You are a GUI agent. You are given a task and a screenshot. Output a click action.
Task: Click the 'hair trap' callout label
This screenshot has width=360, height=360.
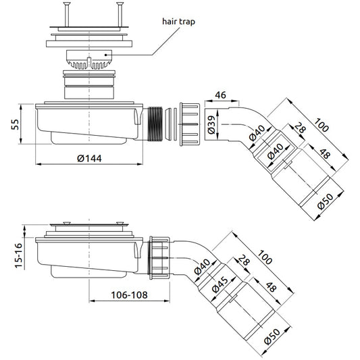(178, 22)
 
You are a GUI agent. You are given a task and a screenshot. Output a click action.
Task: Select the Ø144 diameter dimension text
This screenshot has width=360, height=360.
(89, 159)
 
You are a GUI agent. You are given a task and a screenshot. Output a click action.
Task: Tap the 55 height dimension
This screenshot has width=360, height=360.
(15, 124)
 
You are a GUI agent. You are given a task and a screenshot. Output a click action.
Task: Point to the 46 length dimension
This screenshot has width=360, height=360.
(221, 95)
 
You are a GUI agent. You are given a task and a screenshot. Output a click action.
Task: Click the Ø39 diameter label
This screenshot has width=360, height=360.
(211, 125)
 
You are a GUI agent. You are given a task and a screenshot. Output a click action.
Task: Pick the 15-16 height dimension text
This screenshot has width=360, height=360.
(19, 255)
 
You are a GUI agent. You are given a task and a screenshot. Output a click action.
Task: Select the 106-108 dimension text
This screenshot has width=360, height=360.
(129, 295)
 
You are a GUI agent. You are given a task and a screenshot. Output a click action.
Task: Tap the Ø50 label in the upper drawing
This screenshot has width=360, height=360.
(326, 201)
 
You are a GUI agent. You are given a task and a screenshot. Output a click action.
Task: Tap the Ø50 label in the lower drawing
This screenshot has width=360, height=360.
(272, 336)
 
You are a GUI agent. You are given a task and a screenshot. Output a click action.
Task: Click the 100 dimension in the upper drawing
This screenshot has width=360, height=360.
(322, 125)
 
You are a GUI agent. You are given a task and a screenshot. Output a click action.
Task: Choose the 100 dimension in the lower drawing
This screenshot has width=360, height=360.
(265, 257)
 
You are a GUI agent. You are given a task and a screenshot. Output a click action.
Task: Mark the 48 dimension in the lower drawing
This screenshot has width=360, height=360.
(271, 287)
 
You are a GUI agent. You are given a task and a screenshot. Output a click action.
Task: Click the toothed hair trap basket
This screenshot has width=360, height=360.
(89, 59)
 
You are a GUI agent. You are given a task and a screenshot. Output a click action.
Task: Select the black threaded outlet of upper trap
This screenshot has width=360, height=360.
(155, 124)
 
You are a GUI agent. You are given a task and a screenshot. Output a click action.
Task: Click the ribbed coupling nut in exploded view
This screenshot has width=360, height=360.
(190, 124)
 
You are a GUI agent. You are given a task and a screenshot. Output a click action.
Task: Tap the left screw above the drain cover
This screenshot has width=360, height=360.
(67, 14)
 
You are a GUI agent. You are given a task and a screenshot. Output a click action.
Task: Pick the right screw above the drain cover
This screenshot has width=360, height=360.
(120, 14)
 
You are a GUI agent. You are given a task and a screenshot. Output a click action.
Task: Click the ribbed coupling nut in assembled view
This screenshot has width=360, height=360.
(159, 258)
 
